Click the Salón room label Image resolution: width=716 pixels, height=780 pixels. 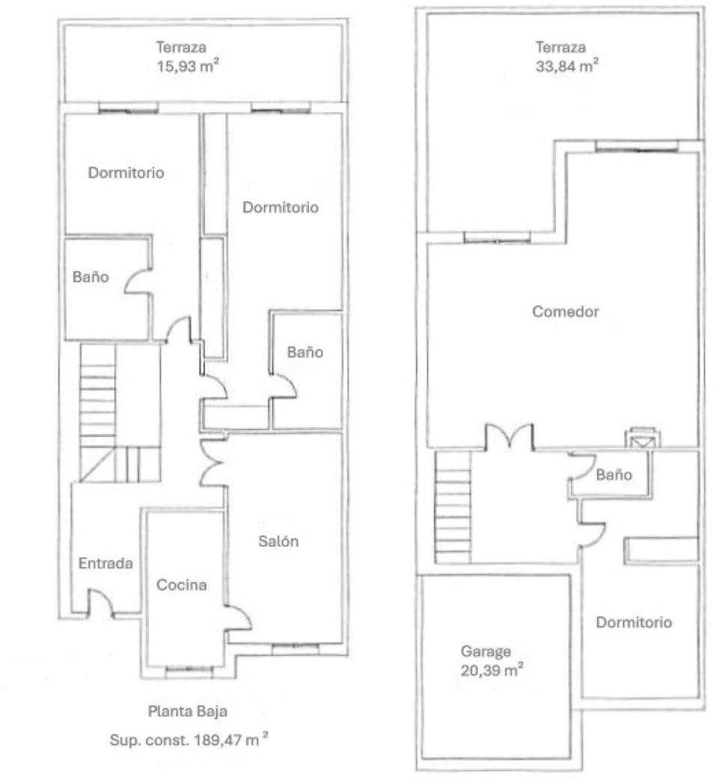coord(278,541)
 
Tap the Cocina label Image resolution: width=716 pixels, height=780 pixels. coord(182,585)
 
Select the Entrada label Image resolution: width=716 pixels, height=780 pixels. coord(105,563)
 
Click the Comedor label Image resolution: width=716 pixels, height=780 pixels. coord(565,311)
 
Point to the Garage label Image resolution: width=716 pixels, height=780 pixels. coord(486,651)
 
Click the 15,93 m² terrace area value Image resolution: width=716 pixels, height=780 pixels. coord(188,66)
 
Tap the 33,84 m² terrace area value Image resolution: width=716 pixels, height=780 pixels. coord(566,66)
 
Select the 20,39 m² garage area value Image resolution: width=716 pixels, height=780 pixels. coord(492,670)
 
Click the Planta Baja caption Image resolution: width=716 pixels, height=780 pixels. coord(188,711)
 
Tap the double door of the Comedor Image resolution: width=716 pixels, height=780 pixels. coord(510,436)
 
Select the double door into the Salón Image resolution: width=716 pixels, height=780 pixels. coord(211,462)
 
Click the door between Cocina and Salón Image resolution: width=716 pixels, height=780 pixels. coord(238,618)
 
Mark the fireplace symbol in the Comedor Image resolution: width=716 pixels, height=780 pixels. coord(643,437)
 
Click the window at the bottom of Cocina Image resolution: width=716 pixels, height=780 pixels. coord(189,670)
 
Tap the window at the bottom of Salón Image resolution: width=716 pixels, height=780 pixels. coord(295,647)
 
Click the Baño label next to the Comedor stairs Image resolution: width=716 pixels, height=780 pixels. coord(614,475)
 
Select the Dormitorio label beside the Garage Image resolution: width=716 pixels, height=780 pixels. coord(634,622)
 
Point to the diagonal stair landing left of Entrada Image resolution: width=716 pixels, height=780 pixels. coord(97,464)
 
